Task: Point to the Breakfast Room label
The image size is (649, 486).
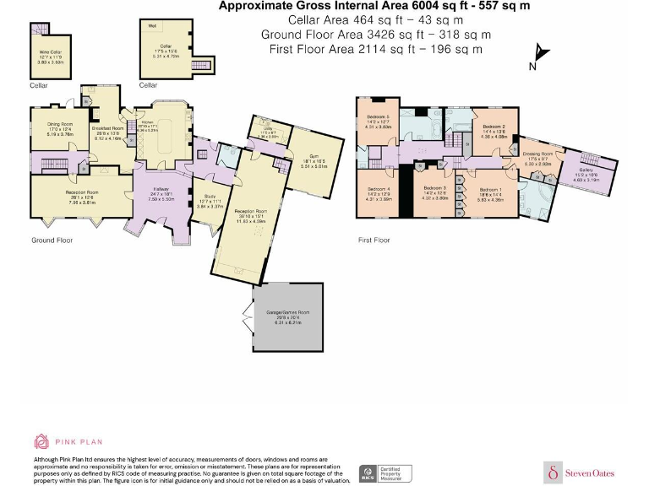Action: [x=109, y=130]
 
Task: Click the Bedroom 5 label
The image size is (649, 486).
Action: [x=377, y=121]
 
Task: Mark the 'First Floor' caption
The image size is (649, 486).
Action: [x=374, y=240]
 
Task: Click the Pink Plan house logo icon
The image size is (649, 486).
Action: [x=41, y=440]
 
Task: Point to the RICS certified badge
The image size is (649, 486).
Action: [x=368, y=472]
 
